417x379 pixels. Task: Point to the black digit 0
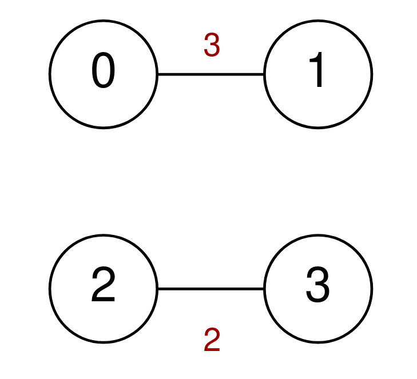[x=104, y=70]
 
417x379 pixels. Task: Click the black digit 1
[x=316, y=69]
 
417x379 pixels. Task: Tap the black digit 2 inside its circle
[x=103, y=284]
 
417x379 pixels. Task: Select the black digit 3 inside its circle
[x=318, y=285]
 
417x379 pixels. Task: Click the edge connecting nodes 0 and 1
[x=211, y=74]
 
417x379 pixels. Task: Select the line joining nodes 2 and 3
[x=211, y=289]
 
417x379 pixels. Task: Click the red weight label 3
[x=212, y=45]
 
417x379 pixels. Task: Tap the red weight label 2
[x=212, y=340]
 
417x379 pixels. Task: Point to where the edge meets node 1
[x=264, y=74]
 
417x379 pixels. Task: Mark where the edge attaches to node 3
[x=264, y=289]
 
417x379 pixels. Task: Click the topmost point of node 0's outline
[x=104, y=19]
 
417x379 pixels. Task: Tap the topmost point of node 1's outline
[x=318, y=19]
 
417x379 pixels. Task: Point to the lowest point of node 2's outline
[x=104, y=344]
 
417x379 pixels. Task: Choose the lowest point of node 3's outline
[x=318, y=344]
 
